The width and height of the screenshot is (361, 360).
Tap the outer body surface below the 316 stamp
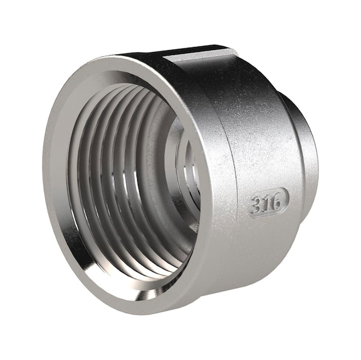coord(263,250)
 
